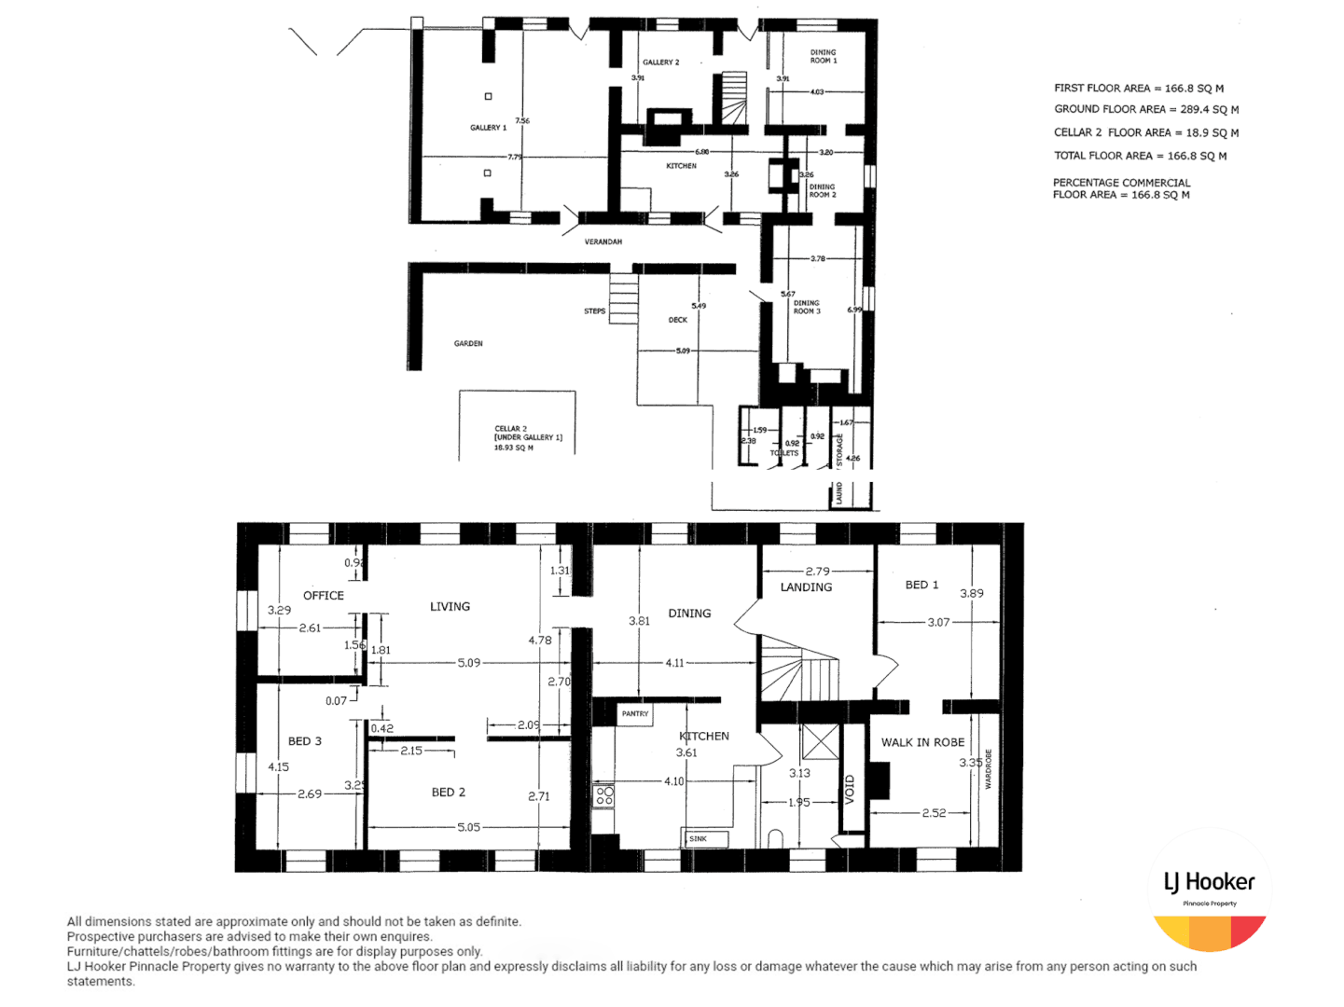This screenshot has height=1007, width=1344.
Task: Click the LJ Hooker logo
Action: [x=1210, y=890]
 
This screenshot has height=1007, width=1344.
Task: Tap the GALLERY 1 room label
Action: [x=488, y=128]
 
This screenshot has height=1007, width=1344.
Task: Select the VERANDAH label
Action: [x=603, y=242]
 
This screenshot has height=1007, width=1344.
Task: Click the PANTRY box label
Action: [x=635, y=714]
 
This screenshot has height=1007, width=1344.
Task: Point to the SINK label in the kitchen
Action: [x=699, y=839]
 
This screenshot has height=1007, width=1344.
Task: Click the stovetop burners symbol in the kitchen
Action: [x=604, y=795]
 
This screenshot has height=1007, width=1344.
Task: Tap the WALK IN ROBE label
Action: [x=922, y=742]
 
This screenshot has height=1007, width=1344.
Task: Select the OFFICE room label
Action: [x=323, y=596]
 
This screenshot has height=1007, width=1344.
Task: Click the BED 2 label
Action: [x=448, y=793]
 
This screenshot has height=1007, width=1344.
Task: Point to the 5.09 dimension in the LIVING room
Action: [x=468, y=663]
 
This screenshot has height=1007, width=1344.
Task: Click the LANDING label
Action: [x=806, y=587]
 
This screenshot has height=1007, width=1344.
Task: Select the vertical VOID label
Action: [x=850, y=788]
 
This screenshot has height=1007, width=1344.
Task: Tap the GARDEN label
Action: [x=468, y=344]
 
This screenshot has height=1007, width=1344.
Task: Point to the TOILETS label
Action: [x=783, y=453]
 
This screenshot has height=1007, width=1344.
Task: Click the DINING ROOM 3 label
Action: [x=807, y=307]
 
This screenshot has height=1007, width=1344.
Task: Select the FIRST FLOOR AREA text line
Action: [x=1138, y=89]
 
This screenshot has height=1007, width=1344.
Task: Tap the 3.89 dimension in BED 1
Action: [x=971, y=593]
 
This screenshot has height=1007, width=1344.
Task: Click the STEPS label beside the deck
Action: [x=594, y=311]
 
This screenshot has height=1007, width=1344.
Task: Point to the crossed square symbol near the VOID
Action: [x=820, y=742]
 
